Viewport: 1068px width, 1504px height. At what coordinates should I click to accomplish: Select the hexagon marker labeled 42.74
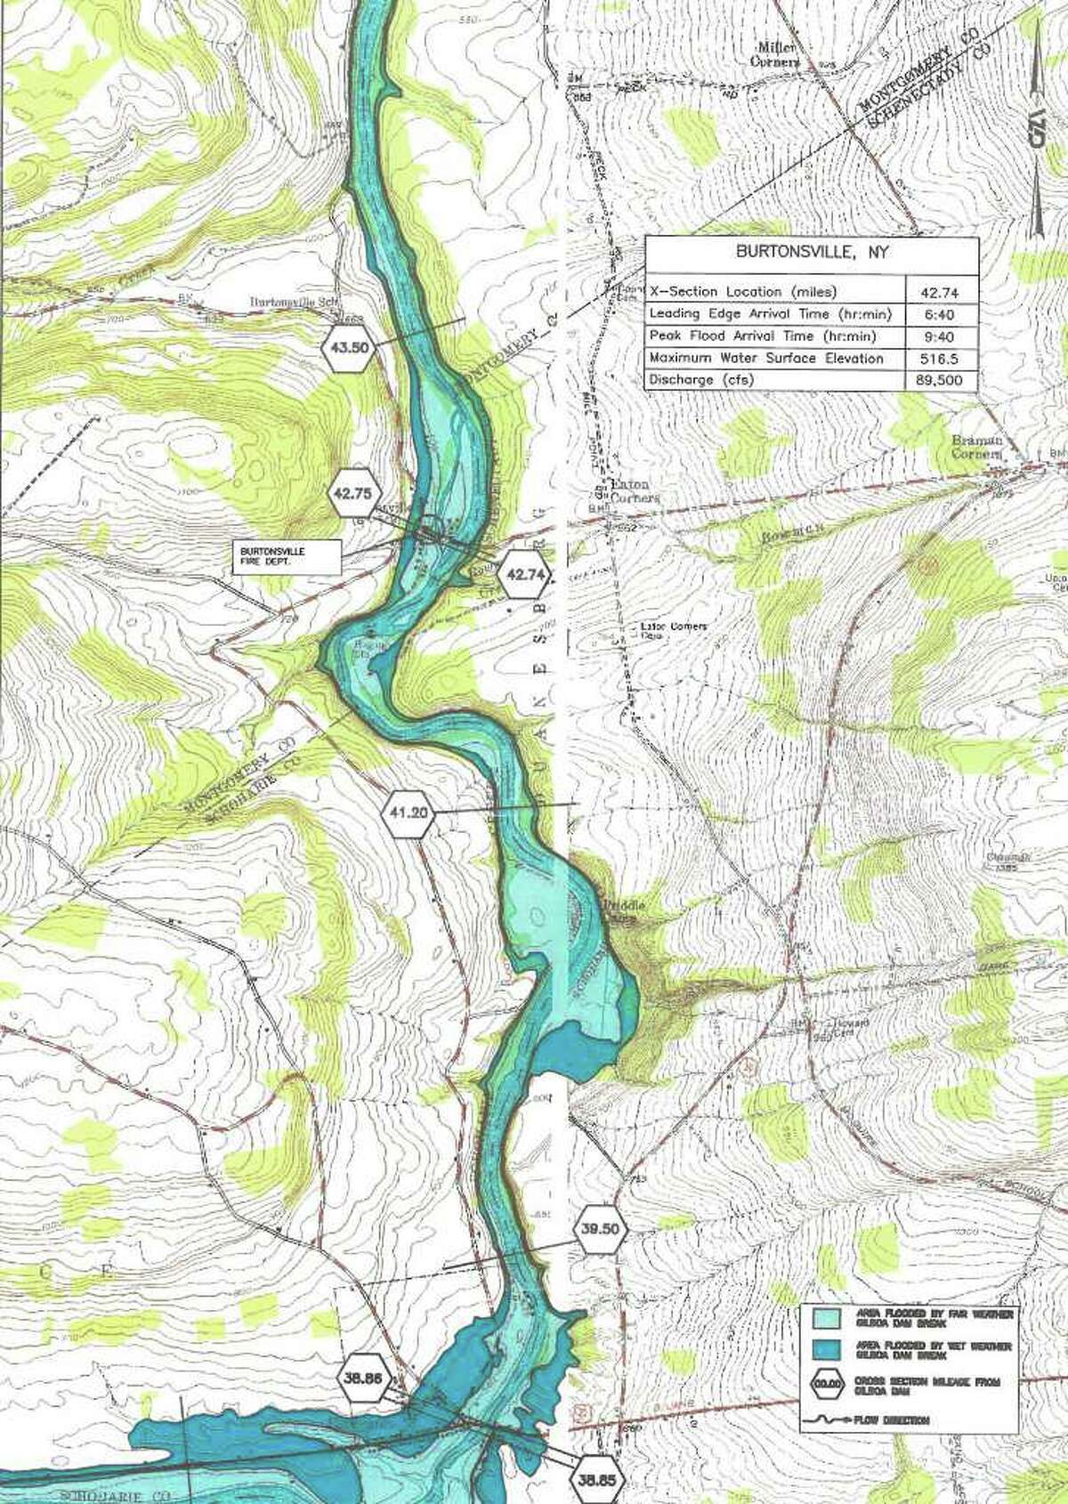point(525,575)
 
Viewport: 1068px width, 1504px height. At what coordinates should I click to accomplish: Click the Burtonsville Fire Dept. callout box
point(287,555)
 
